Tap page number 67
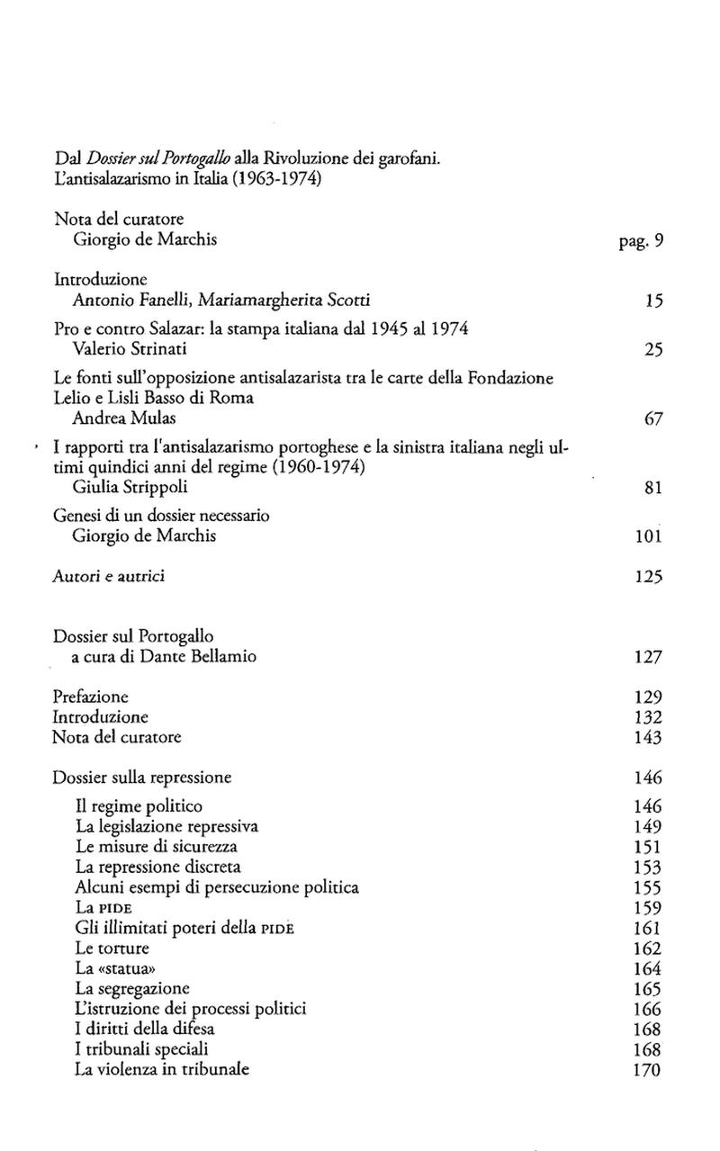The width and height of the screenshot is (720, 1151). (x=653, y=418)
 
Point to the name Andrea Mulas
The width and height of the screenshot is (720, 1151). (x=115, y=418)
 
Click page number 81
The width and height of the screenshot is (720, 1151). (x=653, y=488)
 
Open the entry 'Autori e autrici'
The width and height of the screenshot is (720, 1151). (x=108, y=576)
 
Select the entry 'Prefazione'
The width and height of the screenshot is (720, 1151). (x=90, y=697)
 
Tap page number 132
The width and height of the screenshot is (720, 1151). (x=648, y=717)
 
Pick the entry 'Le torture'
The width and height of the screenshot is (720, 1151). (x=112, y=948)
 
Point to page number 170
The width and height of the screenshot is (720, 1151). (x=648, y=1070)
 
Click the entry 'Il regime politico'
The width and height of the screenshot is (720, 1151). (x=139, y=805)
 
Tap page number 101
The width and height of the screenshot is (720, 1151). (x=649, y=537)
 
